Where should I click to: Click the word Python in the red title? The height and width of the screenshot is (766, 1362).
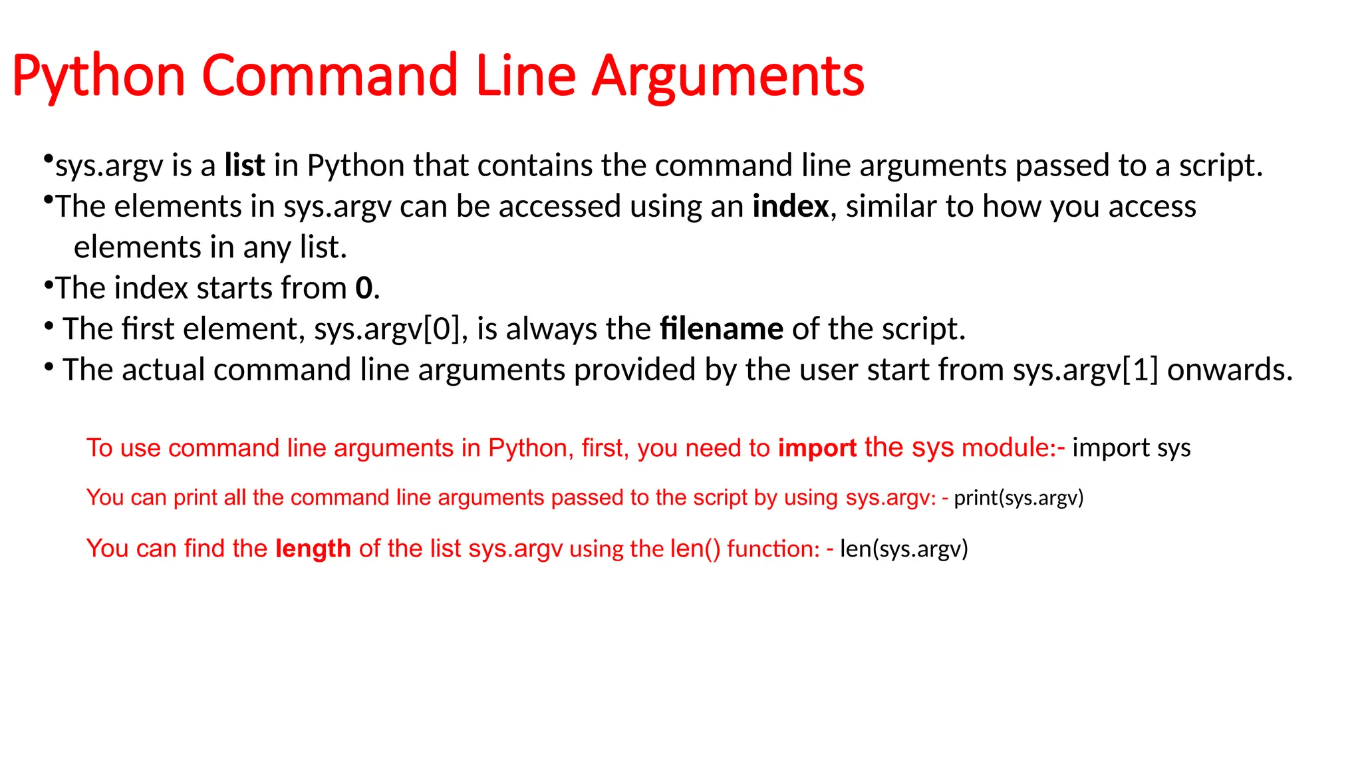pos(98,76)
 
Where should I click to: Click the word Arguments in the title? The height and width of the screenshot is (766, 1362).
pos(728,76)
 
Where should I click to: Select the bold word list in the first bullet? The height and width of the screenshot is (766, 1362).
pos(245,166)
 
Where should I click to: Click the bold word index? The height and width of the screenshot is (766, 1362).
pos(790,206)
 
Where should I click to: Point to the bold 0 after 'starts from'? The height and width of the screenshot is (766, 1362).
pos(364,288)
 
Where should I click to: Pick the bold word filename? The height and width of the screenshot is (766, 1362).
pos(722,328)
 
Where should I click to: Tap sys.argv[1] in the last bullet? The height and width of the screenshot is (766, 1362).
pos(1085,370)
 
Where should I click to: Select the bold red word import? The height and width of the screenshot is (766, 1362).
pos(817,448)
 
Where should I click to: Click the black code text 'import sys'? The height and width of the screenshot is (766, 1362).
pos(1131,447)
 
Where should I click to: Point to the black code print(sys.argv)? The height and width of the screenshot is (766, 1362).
pos(1018,497)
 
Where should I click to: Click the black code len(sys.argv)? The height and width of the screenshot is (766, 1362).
pos(904,549)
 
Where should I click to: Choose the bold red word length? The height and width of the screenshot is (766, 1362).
pos(313,549)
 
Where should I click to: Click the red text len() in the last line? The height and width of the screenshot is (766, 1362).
pos(695,549)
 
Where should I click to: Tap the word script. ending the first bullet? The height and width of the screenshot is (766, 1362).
pos(1220,166)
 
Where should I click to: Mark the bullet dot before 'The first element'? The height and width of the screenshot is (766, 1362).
pos(49,326)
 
